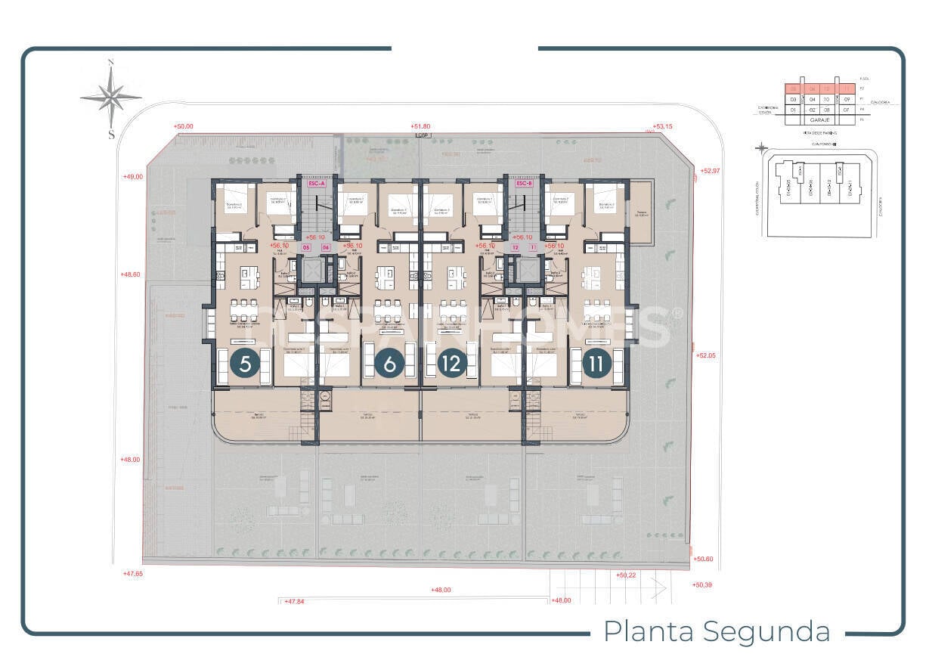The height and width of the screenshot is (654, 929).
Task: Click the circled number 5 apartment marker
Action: [245, 364]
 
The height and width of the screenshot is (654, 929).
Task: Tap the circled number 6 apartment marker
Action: [390, 364]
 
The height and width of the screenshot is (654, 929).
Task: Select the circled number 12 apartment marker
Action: [452, 364]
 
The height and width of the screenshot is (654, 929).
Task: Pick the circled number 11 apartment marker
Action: [596, 364]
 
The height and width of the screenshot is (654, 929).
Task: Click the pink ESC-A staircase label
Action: [316, 183]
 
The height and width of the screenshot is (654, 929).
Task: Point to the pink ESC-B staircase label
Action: [525, 183]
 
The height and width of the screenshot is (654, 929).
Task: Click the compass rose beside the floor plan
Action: [111, 97]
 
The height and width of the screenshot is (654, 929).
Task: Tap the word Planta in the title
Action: [646, 631]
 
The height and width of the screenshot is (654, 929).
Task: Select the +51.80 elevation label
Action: [420, 126]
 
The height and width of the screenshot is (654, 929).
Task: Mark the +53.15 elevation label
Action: [664, 127]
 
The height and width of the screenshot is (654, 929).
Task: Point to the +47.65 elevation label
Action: [132, 574]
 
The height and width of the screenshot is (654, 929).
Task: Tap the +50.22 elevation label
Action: [627, 575]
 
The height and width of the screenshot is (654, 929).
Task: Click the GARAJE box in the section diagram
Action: [820, 119]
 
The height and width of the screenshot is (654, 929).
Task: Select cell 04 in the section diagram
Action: [812, 99]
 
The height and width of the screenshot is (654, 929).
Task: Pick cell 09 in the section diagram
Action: [847, 99]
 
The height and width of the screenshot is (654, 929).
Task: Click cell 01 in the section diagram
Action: [793, 110]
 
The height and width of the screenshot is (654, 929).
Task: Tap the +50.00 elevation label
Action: [183, 126]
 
